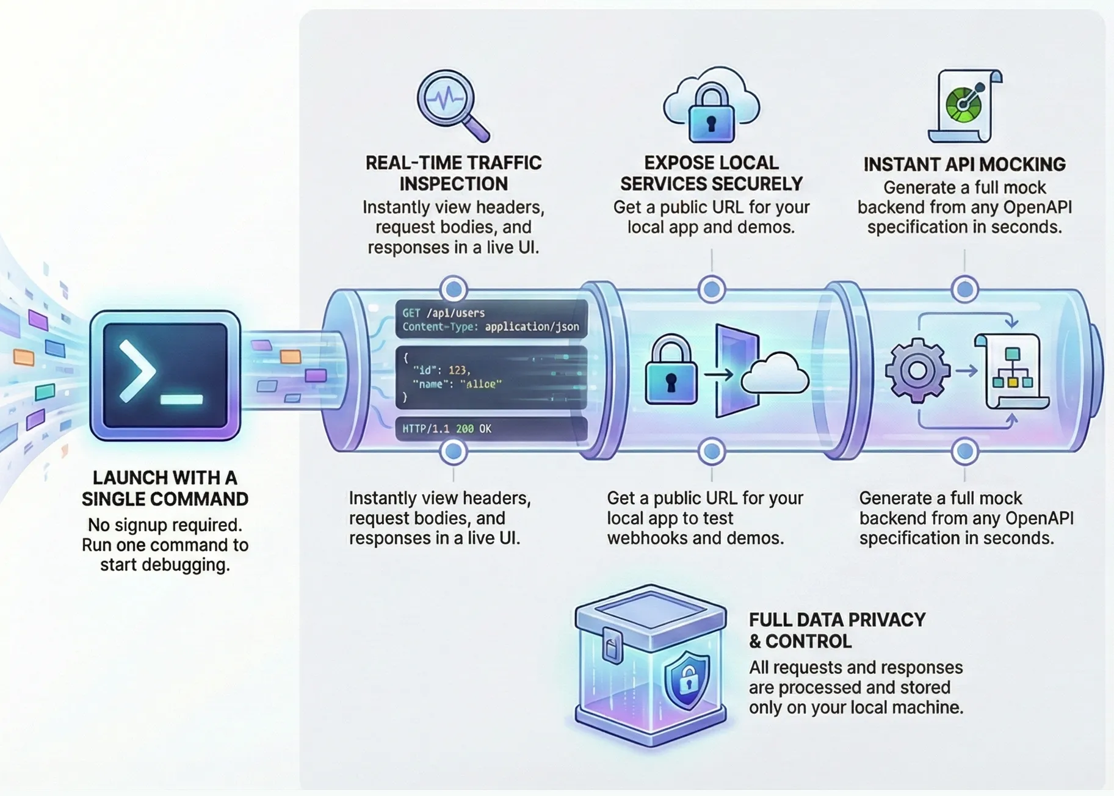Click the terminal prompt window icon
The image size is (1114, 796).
tap(165, 375)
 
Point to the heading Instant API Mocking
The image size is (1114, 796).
tap(964, 164)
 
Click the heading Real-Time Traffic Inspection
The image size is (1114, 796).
tap(454, 173)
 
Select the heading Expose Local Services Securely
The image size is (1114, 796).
tap(711, 173)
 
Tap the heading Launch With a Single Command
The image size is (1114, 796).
tap(165, 488)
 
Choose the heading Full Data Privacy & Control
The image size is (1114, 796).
tap(837, 631)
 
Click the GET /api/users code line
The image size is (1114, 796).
tap(444, 313)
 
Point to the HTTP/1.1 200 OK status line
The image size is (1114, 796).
tap(447, 429)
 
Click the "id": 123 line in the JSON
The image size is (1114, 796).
tap(441, 370)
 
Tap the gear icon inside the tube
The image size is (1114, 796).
tap(917, 371)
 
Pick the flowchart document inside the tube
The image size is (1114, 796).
tap(1013, 371)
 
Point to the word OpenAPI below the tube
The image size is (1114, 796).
tap(1039, 518)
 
